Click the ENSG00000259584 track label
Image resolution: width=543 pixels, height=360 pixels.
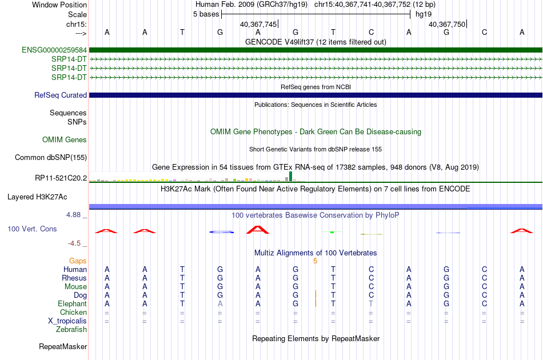coord(54,50)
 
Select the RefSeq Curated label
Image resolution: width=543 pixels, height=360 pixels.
coord(61,95)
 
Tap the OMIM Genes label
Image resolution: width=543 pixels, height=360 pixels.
coord(65,139)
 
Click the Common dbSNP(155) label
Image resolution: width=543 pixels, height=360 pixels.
coord(50,157)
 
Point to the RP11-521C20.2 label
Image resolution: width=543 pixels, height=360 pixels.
coord(61,178)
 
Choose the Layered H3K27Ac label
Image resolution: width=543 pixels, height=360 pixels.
coord(37,197)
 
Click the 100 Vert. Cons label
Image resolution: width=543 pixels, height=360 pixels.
coord(32,229)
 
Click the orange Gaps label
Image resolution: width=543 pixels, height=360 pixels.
coord(78,261)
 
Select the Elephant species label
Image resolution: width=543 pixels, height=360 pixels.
coord(73,303)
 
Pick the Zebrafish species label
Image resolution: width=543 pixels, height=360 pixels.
coord(71,329)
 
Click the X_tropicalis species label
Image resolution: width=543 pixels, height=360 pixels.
coord(67,321)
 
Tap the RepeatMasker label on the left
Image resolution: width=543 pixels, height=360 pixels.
coord(63,346)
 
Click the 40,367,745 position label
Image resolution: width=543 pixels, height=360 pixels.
coord(258,24)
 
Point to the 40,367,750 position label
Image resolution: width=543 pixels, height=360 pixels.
coord(447,24)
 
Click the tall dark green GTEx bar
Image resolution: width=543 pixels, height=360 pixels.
coord(290,176)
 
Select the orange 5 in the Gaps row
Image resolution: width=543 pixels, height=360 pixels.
coord(315,261)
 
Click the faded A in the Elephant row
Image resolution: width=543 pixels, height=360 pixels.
coord(220,303)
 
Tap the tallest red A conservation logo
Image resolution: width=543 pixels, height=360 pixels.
coord(258,230)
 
